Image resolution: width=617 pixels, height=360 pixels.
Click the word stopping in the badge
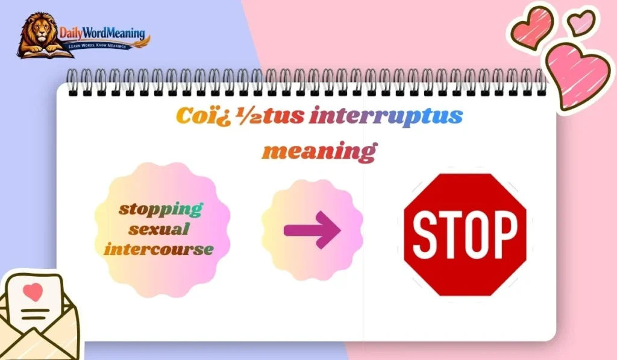click(160, 210)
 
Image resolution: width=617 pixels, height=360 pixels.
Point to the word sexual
click(160, 229)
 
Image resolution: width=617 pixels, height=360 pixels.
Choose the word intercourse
click(159, 248)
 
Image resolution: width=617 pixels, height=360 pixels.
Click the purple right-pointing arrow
click(312, 230)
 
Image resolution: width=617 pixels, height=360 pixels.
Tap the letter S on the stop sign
click(425, 234)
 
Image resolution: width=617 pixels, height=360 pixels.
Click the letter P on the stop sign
click(504, 234)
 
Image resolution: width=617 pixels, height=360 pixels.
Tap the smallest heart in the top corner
click(581, 23)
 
